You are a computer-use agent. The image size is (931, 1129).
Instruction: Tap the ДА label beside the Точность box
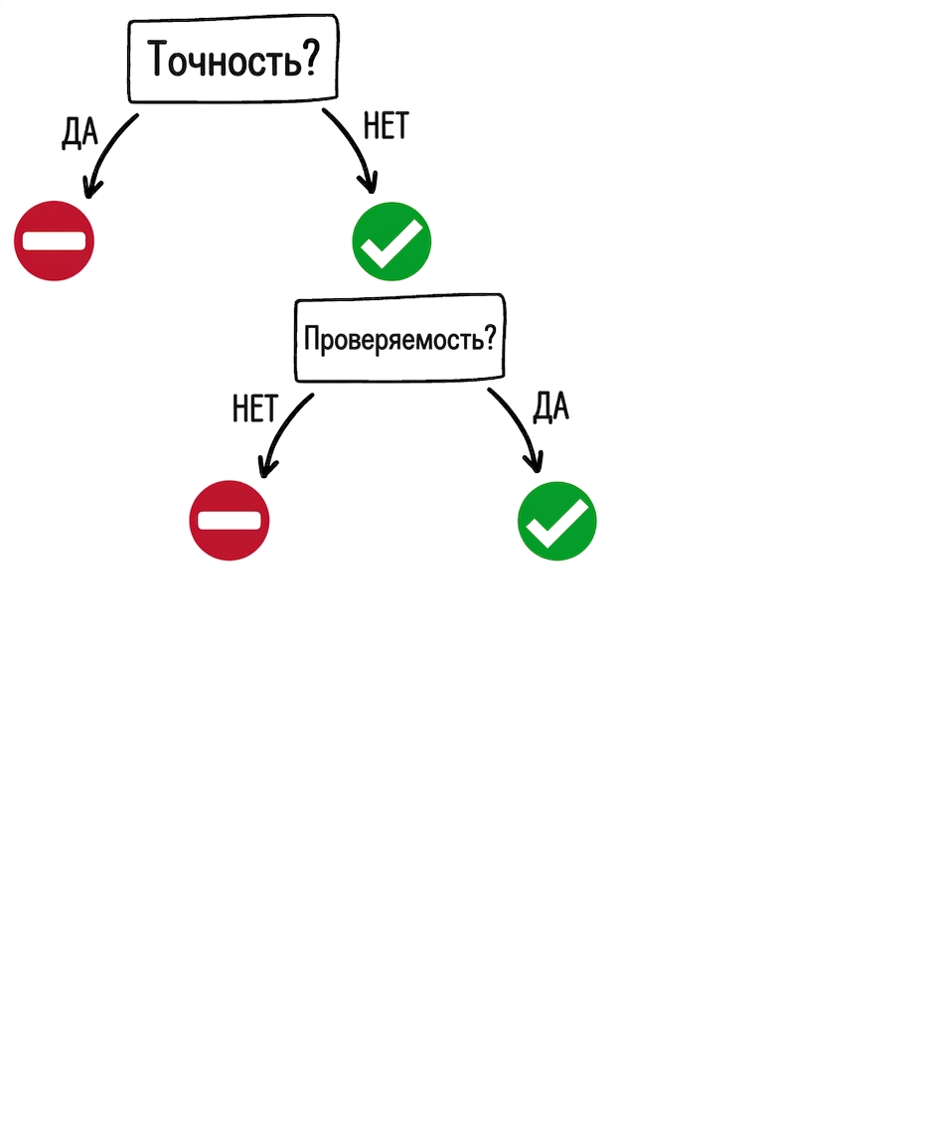(x=79, y=132)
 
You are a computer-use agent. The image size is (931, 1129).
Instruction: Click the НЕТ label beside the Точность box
(x=386, y=126)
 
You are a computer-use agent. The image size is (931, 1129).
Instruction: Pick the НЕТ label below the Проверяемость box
(x=255, y=409)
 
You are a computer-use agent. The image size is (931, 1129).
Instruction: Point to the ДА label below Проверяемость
(x=550, y=406)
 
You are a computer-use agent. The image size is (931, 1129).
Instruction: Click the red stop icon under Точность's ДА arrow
(x=54, y=241)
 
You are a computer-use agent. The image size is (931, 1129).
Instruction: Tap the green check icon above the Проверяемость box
(x=391, y=242)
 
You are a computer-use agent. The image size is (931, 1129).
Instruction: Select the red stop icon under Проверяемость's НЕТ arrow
(x=229, y=520)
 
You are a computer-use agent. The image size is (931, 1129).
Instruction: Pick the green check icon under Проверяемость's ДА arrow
(x=557, y=521)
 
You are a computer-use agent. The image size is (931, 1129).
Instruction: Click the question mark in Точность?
(x=311, y=57)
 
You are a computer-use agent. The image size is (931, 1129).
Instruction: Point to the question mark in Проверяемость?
(x=490, y=336)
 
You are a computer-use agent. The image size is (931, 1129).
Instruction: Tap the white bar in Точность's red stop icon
(x=54, y=241)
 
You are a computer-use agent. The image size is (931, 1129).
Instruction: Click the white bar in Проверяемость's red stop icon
(x=229, y=520)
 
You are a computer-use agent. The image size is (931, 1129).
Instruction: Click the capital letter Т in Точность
(x=158, y=58)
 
